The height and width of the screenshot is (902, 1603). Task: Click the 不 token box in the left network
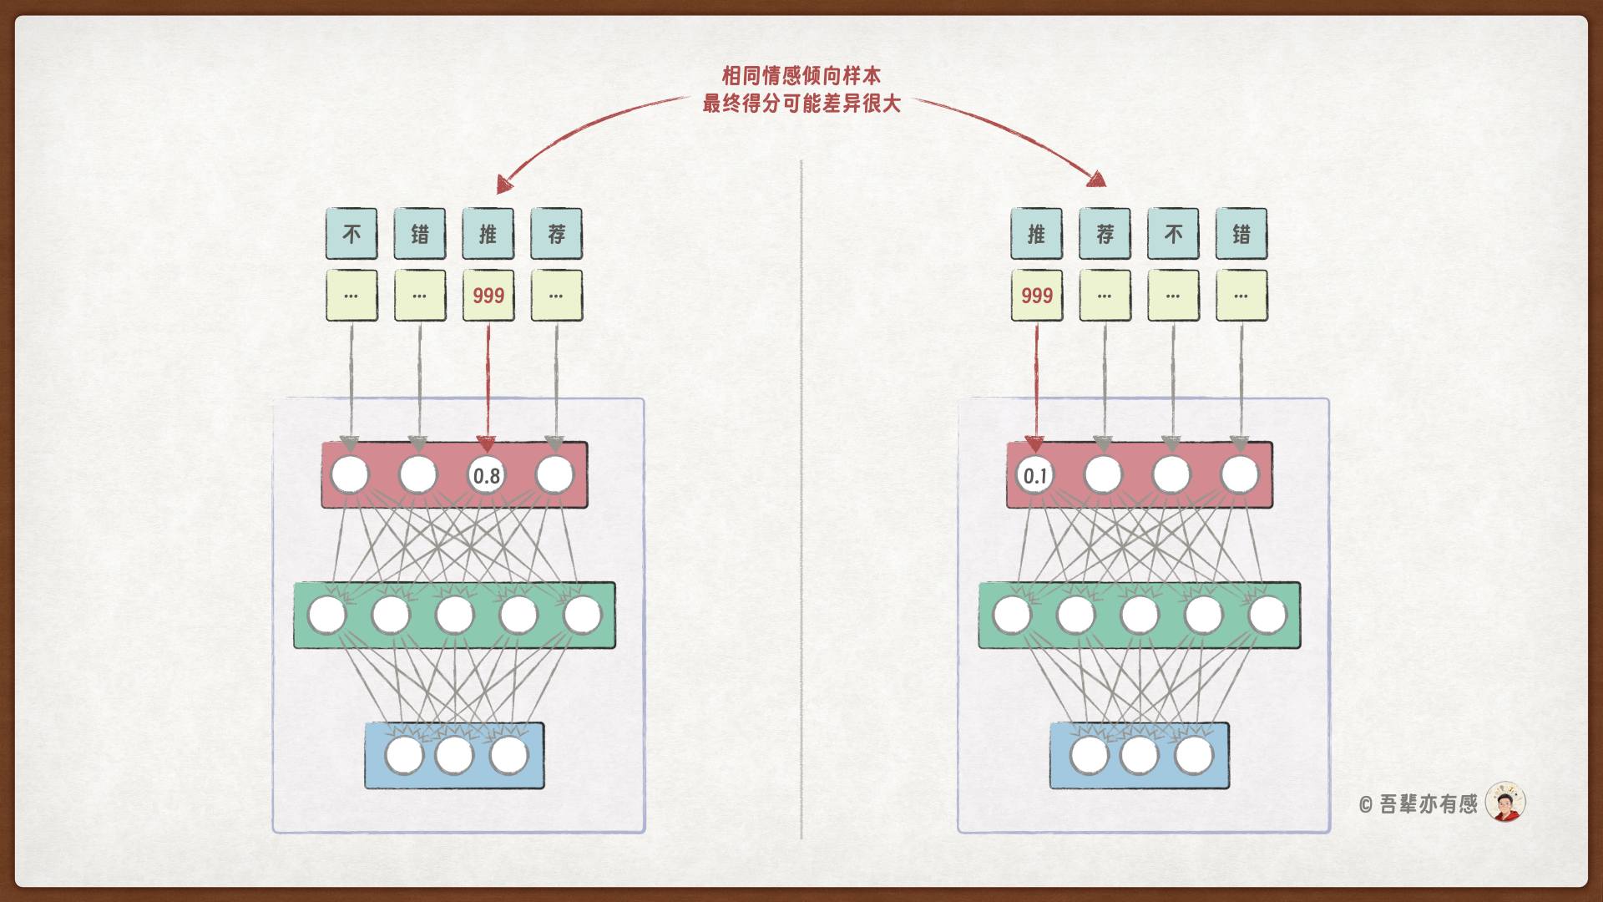click(x=351, y=234)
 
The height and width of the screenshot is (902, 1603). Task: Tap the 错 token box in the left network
click(x=420, y=234)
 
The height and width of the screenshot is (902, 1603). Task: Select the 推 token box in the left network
click(x=488, y=234)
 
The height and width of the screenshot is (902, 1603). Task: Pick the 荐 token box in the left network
click(x=557, y=234)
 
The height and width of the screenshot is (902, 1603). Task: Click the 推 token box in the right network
click(x=1036, y=234)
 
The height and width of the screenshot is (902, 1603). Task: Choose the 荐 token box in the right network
click(x=1105, y=234)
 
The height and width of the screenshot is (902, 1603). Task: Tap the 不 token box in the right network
click(x=1173, y=234)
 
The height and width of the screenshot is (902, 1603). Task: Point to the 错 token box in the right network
click(x=1241, y=234)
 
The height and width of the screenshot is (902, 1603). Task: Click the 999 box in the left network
click(x=488, y=296)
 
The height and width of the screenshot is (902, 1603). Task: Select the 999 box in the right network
click(x=1036, y=296)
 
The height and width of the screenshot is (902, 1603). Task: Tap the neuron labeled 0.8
click(x=487, y=475)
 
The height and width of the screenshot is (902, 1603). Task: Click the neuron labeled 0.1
click(x=1035, y=475)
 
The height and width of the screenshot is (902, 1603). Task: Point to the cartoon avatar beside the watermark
click(x=1505, y=803)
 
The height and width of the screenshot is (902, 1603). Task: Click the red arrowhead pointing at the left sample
click(x=504, y=184)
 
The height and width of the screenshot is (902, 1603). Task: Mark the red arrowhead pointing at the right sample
click(x=1097, y=179)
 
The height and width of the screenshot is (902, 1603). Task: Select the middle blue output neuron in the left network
click(x=454, y=755)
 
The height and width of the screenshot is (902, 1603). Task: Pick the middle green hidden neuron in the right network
click(x=1140, y=615)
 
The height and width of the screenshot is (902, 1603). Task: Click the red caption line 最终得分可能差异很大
click(x=801, y=104)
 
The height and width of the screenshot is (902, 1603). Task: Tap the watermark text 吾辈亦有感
click(x=1428, y=804)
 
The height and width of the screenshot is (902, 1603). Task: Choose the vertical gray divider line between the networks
click(x=801, y=501)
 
